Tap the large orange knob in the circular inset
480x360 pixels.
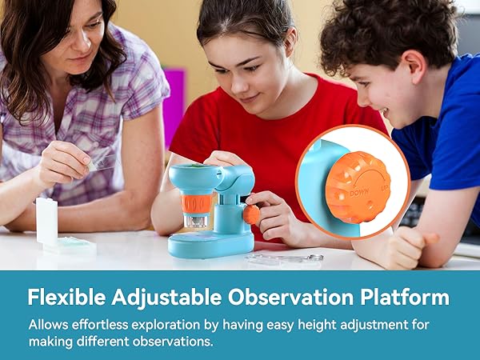click(358, 187)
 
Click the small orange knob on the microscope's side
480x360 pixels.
click(251, 214)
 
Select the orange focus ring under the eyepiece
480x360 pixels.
click(195, 203)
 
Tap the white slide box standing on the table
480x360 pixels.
click(47, 221)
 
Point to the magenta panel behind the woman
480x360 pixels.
click(174, 104)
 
